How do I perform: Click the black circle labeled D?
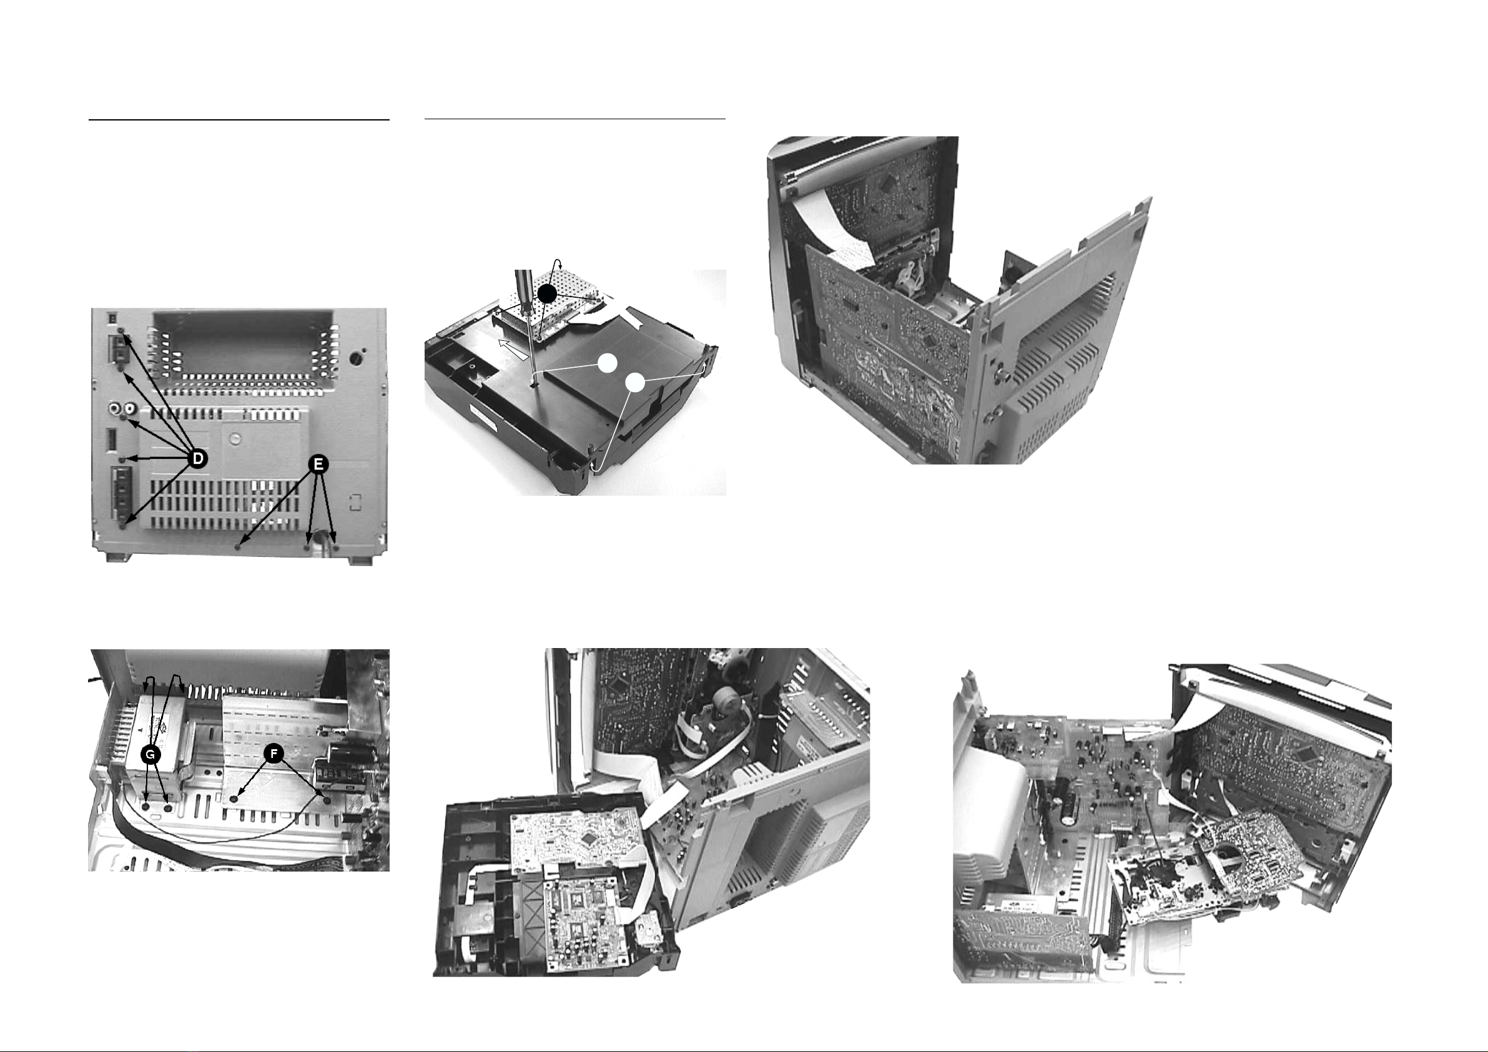click(x=198, y=458)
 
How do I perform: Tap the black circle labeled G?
click(x=151, y=754)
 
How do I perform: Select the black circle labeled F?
click(x=274, y=754)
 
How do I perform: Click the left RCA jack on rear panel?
click(x=116, y=410)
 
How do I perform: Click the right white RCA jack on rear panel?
click(x=131, y=410)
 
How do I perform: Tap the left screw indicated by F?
click(x=235, y=800)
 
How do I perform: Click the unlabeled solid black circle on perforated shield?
click(x=548, y=293)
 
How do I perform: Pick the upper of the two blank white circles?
click(x=608, y=363)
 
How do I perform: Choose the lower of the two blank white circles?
click(x=636, y=383)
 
